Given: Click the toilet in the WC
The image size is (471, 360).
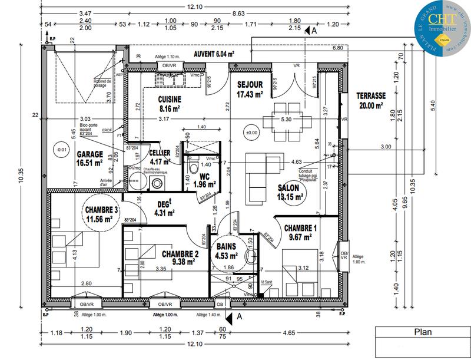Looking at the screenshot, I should (192, 168).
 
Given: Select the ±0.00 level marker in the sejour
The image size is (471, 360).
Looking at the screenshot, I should (252, 133).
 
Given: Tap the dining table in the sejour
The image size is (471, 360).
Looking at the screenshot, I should (286, 119).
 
